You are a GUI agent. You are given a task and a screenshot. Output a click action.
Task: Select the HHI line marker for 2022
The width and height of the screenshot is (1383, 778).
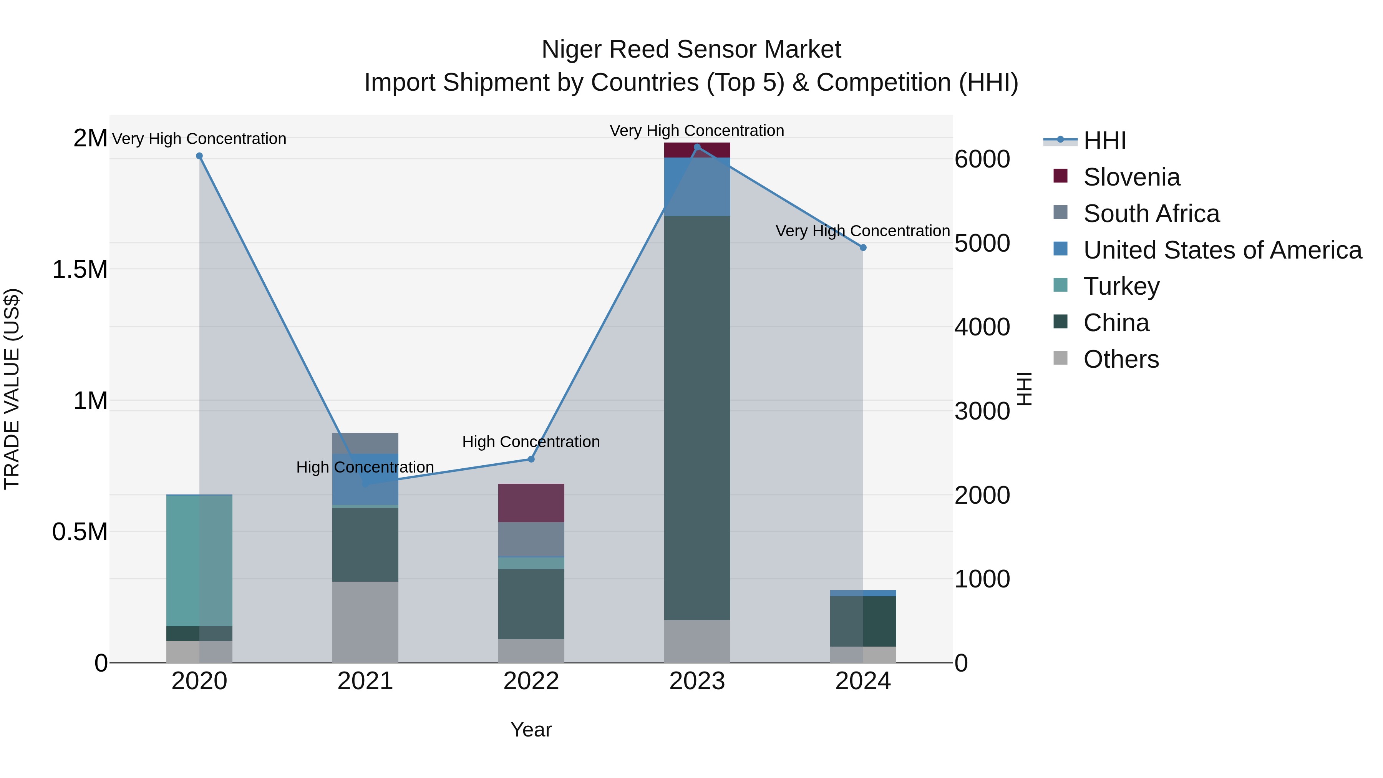click(531, 459)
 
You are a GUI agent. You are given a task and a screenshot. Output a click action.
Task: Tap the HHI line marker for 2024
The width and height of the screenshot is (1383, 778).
click(863, 247)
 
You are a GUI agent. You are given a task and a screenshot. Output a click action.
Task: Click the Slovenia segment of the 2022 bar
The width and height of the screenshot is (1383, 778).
click(531, 503)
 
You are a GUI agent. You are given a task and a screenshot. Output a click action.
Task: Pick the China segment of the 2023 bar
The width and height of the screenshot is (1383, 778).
click(697, 418)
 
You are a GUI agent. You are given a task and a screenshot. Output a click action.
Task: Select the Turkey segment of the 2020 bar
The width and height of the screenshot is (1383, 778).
click(199, 560)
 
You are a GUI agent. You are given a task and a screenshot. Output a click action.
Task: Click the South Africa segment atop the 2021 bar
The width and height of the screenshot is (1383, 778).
click(365, 443)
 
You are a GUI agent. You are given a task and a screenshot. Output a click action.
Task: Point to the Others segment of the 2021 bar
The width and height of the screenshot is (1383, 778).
click(365, 622)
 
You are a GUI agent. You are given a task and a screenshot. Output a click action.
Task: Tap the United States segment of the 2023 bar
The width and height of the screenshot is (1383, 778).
click(697, 187)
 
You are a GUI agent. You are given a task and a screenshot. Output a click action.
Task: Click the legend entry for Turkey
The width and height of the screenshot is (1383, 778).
click(1121, 286)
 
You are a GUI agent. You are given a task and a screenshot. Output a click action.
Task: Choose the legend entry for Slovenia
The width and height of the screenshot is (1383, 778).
click(1131, 177)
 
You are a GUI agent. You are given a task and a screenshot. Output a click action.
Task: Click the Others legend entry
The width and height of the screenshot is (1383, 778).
click(1121, 359)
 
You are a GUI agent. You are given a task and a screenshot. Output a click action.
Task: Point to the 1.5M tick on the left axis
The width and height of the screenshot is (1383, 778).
click(80, 270)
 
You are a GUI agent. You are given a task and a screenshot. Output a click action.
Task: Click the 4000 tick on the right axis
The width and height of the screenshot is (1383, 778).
click(982, 327)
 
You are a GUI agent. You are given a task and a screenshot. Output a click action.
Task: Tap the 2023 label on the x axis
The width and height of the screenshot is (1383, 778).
click(697, 681)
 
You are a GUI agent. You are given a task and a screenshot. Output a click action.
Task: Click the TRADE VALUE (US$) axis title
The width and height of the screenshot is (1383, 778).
click(12, 389)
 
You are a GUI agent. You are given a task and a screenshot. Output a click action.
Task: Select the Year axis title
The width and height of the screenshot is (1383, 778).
click(531, 730)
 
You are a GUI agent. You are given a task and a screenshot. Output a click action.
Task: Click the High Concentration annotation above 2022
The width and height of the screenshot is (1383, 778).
click(531, 442)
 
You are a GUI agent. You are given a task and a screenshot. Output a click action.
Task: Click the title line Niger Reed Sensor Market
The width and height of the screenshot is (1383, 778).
click(691, 50)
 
